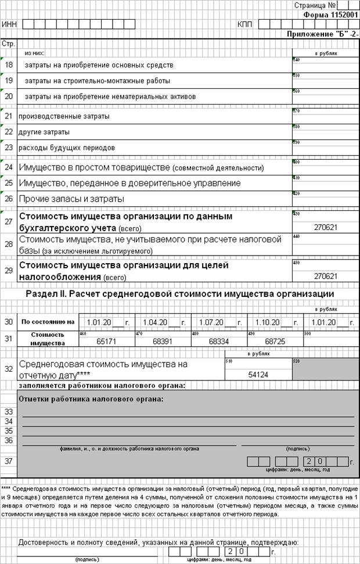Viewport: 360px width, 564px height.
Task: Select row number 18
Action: tap(9, 65)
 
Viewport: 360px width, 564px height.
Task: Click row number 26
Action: tap(9, 199)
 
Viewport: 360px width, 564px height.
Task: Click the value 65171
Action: tap(106, 340)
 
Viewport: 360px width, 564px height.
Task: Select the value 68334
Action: tap(219, 340)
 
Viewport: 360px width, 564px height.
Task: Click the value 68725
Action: tap(275, 340)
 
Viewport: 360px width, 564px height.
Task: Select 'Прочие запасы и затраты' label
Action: tap(71, 199)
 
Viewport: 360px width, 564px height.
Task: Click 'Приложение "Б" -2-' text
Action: tap(322, 34)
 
